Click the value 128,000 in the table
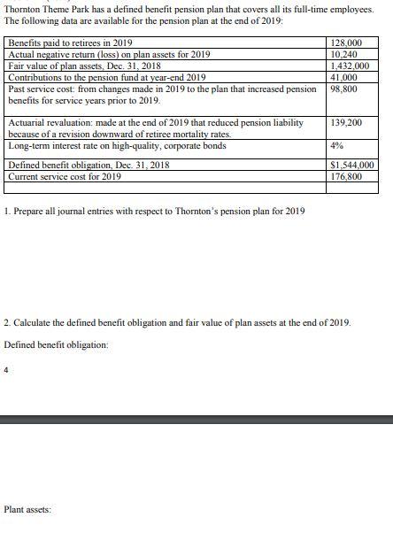343,43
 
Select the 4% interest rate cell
336,146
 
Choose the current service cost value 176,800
343,177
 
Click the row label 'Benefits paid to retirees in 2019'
70,43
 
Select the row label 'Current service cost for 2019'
65,177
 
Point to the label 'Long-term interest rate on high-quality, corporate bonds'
116,146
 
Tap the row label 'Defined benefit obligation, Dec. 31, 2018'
89,166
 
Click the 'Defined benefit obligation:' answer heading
56,344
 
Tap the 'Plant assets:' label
27,510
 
